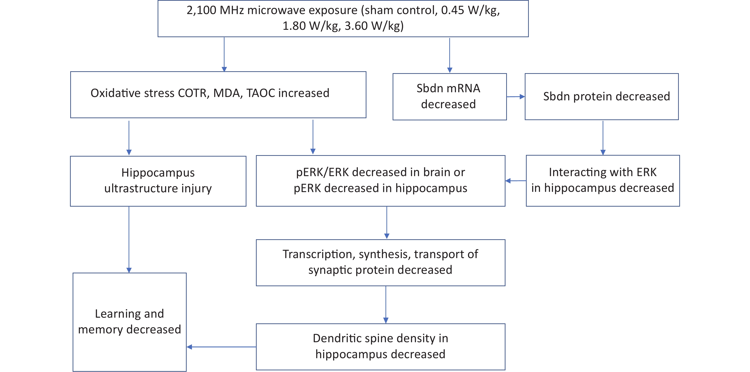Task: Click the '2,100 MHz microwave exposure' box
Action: [343, 18]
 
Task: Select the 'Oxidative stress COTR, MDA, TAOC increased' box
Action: [218, 95]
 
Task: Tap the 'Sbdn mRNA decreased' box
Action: [450, 97]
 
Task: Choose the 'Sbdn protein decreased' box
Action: [601, 97]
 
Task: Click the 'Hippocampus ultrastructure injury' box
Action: [158, 181]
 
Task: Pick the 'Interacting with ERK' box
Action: [603, 181]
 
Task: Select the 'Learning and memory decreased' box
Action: [130, 322]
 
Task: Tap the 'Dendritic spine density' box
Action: [380, 347]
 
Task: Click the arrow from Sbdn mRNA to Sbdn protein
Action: [516, 97]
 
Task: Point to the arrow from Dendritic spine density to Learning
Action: [221, 347]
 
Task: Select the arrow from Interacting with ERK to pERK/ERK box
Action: [516, 181]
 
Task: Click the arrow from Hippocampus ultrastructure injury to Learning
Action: [129, 240]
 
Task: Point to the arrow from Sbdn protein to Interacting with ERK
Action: [603, 138]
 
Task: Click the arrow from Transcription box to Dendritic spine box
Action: [386, 305]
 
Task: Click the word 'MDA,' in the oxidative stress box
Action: [228, 93]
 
